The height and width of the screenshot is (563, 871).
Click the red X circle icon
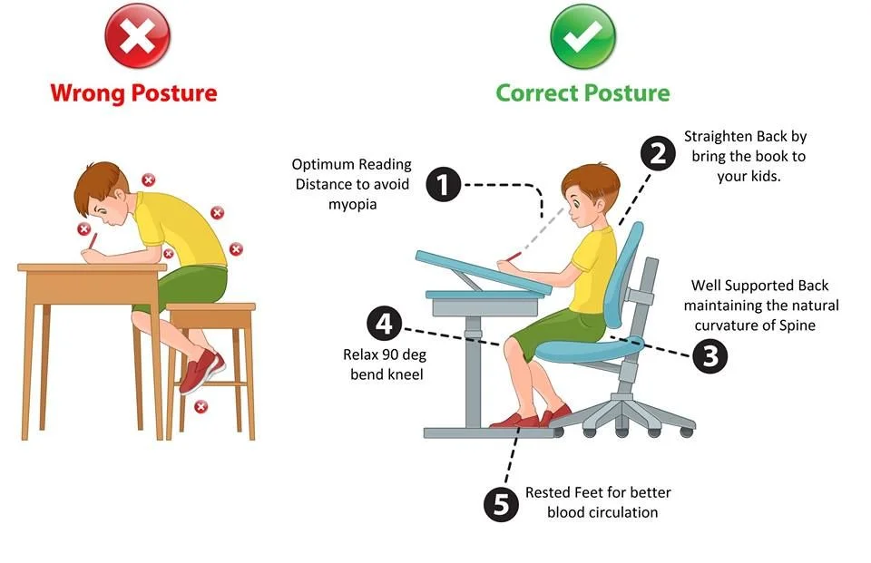[137, 37]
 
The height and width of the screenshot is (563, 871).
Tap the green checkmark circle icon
[582, 37]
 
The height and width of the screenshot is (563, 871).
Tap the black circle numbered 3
[710, 355]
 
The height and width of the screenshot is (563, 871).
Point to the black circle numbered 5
[500, 503]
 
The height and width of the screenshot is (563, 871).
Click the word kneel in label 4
[405, 374]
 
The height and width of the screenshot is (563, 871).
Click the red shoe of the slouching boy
[201, 372]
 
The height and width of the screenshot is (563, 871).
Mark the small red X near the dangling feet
[201, 406]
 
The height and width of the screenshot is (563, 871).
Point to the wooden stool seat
[210, 314]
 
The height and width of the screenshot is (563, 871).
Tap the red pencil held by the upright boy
[514, 257]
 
